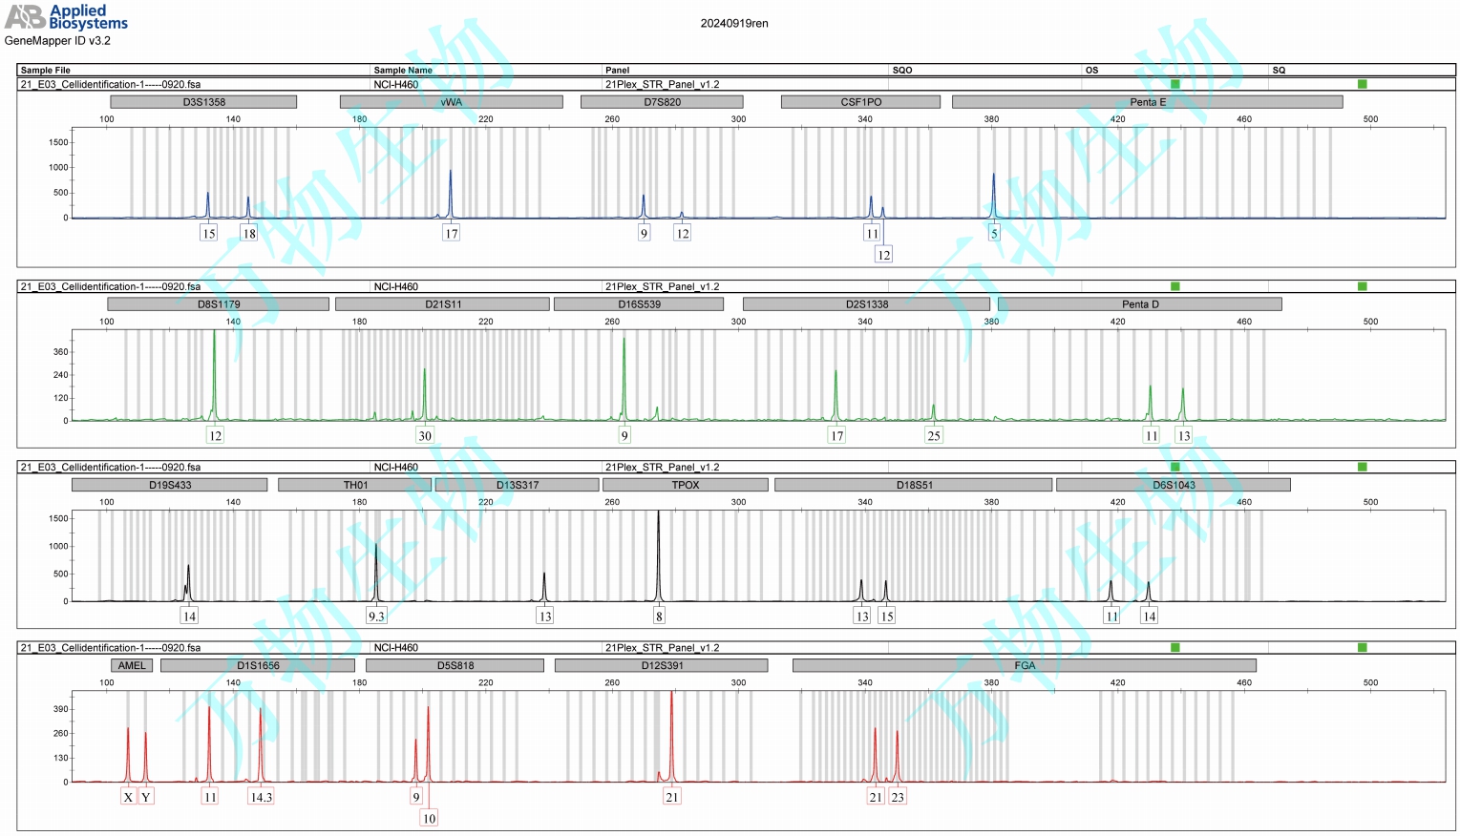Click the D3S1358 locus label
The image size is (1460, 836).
pyautogui.click(x=203, y=102)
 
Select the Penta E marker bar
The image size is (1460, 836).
pyautogui.click(x=1147, y=102)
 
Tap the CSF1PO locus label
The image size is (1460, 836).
pyautogui.click(x=860, y=102)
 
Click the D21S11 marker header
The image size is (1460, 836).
pyautogui.click(x=442, y=304)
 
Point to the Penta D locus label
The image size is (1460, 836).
pyautogui.click(x=1139, y=304)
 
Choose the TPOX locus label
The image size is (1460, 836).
pyautogui.click(x=685, y=485)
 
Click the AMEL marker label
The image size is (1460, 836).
pyautogui.click(x=132, y=665)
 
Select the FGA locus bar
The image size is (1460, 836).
pyautogui.click(x=1024, y=665)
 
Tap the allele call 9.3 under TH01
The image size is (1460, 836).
pyautogui.click(x=376, y=617)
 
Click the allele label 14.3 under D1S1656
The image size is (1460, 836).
pyautogui.click(x=261, y=797)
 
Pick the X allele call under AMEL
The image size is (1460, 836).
pyautogui.click(x=128, y=797)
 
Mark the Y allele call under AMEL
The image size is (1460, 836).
pyautogui.click(x=146, y=797)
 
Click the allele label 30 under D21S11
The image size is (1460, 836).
pyautogui.click(x=425, y=436)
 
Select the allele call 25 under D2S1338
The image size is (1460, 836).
pyautogui.click(x=934, y=436)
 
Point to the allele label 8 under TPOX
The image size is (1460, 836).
pyautogui.click(x=659, y=617)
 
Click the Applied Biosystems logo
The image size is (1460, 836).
pyautogui.click(x=67, y=17)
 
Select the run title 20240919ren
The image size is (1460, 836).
pyautogui.click(x=733, y=24)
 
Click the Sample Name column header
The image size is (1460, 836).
pyautogui.click(x=403, y=71)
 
